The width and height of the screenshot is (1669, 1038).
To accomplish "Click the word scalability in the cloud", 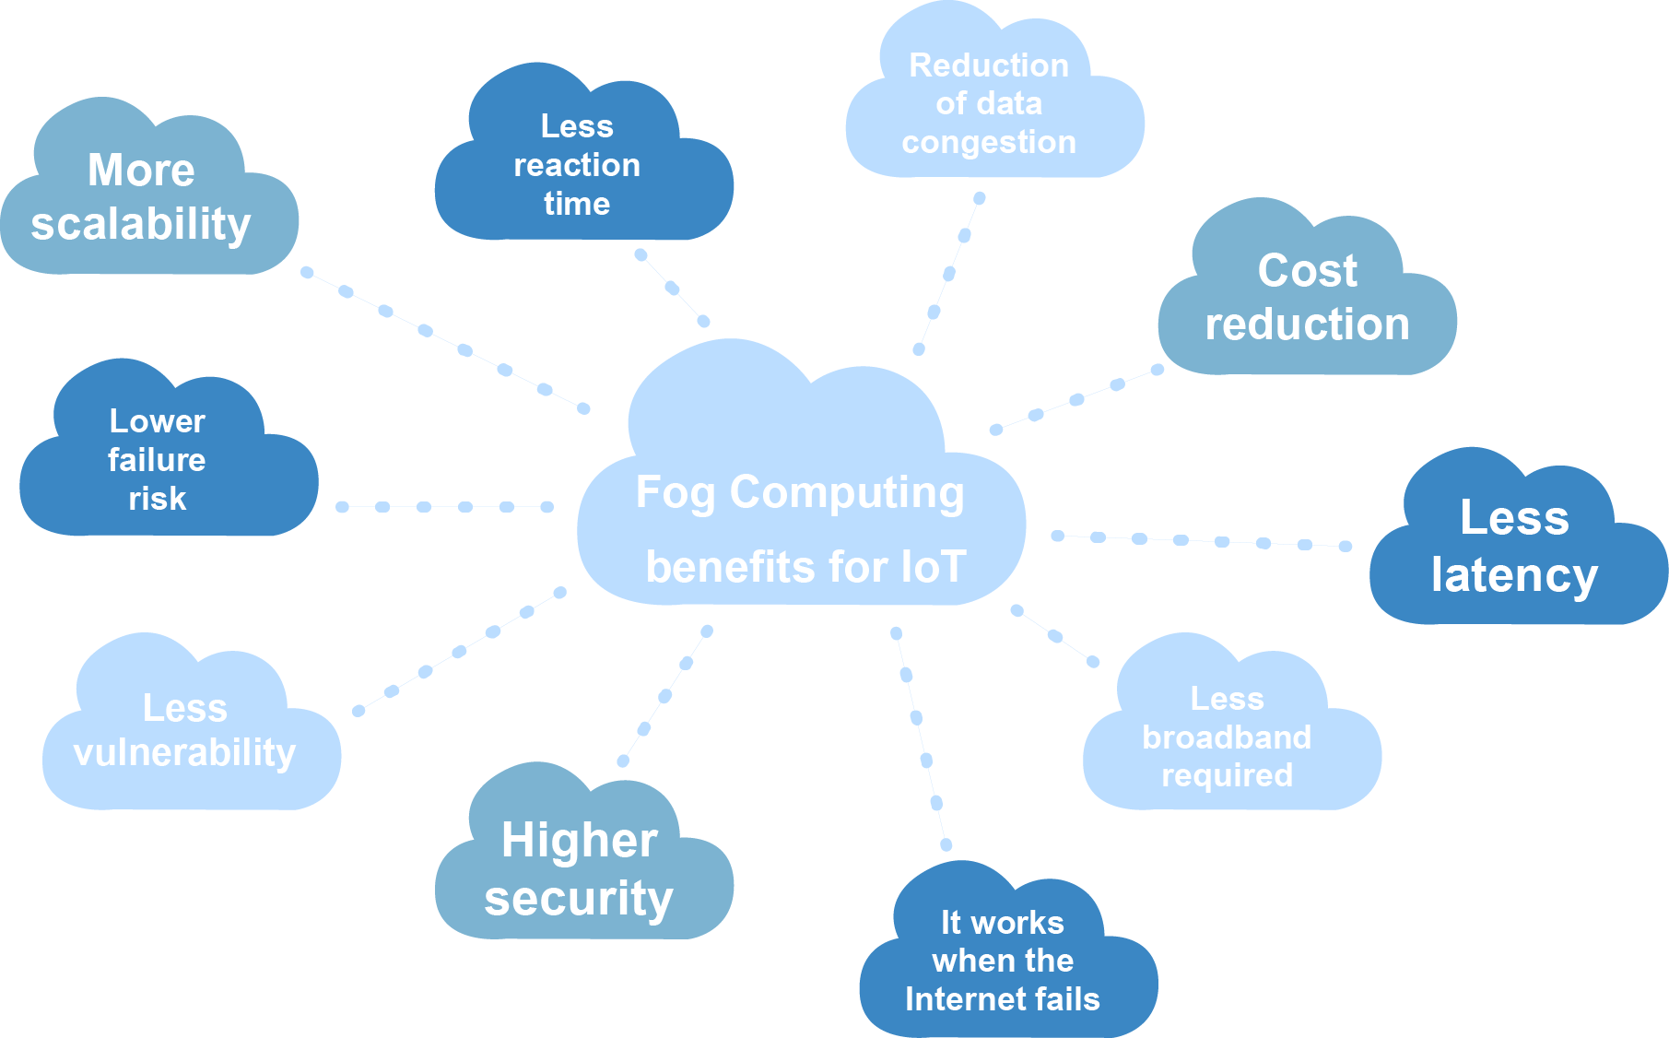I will click(140, 224).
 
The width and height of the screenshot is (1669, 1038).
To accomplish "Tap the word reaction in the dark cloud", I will click(576, 165).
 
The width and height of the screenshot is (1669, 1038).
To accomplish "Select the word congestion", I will click(988, 142).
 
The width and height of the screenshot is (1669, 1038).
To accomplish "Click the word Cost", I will click(1307, 270).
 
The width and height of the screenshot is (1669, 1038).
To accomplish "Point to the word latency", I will click(1513, 575).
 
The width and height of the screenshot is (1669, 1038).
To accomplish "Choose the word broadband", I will click(1226, 737).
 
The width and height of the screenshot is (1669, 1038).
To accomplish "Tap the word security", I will click(579, 898).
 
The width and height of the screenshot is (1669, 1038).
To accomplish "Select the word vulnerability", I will click(184, 752).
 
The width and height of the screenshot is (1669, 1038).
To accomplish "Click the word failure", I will click(157, 459).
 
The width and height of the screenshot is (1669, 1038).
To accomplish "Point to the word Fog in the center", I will click(675, 492).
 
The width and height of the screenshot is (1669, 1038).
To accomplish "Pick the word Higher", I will click(579, 840).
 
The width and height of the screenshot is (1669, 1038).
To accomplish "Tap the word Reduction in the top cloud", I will click(988, 65).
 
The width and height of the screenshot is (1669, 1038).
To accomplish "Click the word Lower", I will click(157, 420).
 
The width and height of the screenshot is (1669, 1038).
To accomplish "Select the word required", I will click(1226, 775).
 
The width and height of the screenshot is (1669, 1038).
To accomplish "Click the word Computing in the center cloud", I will click(846, 492).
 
